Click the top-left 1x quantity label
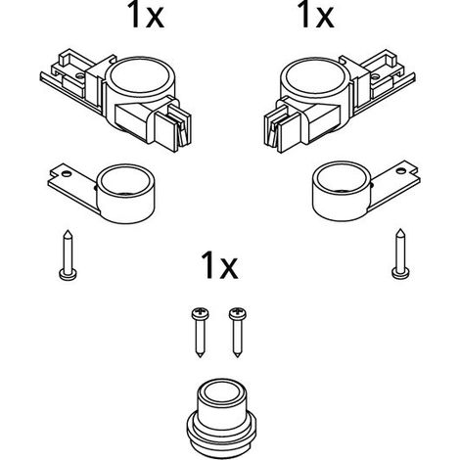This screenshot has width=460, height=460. click(x=147, y=14)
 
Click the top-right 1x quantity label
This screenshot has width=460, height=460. click(x=315, y=14)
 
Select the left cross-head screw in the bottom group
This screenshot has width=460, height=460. click(x=200, y=332)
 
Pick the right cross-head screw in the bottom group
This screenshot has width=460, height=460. click(x=238, y=332)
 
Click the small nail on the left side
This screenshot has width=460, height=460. click(x=69, y=255)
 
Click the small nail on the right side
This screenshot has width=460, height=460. click(x=400, y=254)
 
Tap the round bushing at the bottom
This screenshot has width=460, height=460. click(x=221, y=418)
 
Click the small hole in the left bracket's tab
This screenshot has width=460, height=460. click(x=67, y=173)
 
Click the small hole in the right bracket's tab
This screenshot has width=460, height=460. click(x=399, y=170)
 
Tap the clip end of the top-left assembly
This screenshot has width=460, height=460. click(x=172, y=125)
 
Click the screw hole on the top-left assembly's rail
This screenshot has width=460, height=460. click(x=79, y=76)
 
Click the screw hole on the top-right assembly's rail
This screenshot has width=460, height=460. click(x=376, y=77)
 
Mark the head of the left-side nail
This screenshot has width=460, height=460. click(x=69, y=274)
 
